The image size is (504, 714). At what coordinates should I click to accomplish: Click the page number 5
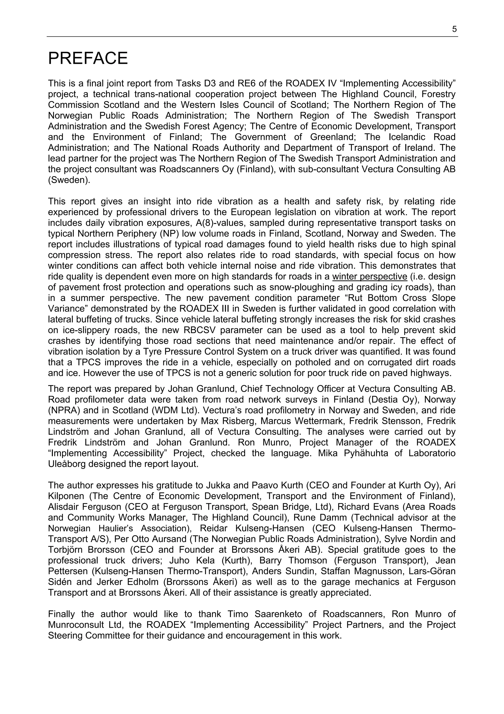[x=454, y=29]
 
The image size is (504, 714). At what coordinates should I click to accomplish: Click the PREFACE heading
[x=88, y=58]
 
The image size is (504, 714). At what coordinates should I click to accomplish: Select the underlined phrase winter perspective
[x=370, y=277]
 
